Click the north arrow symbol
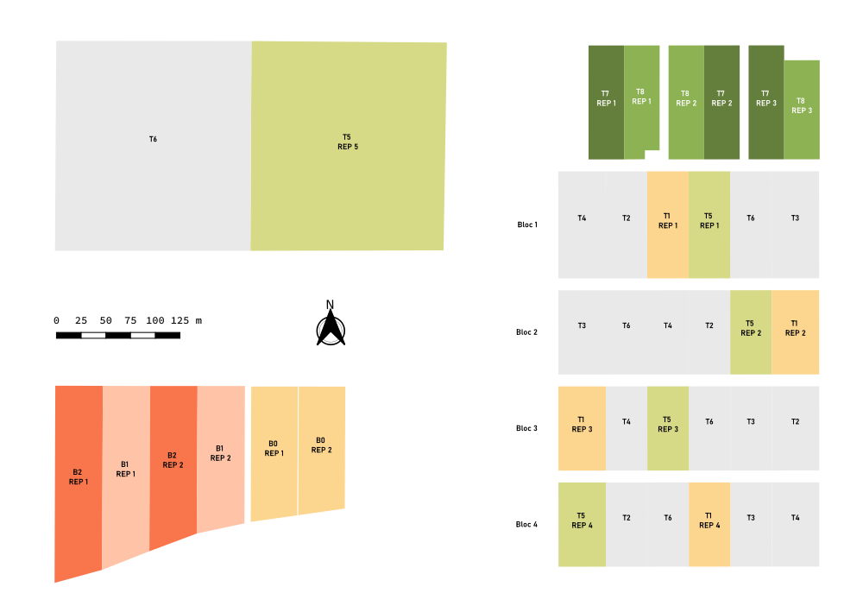pos(331,326)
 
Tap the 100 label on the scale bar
pos(155,320)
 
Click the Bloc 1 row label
pos(527,224)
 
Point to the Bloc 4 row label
pos(526,524)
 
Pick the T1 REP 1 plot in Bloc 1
pos(667,224)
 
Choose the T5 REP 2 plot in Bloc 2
pos(751,332)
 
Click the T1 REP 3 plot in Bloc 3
pos(582,428)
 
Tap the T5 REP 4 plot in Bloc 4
pos(582,524)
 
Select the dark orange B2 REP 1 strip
pos(78,479)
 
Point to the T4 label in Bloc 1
pos(582,218)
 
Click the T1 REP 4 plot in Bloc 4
pos(709,524)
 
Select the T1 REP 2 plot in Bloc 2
pos(795,332)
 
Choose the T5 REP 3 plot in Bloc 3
pos(667,428)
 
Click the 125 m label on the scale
pos(186,320)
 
